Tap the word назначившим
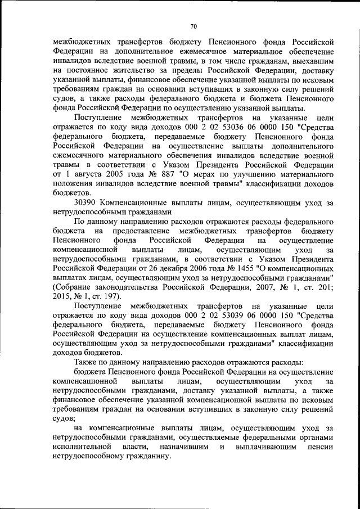point(186,447)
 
